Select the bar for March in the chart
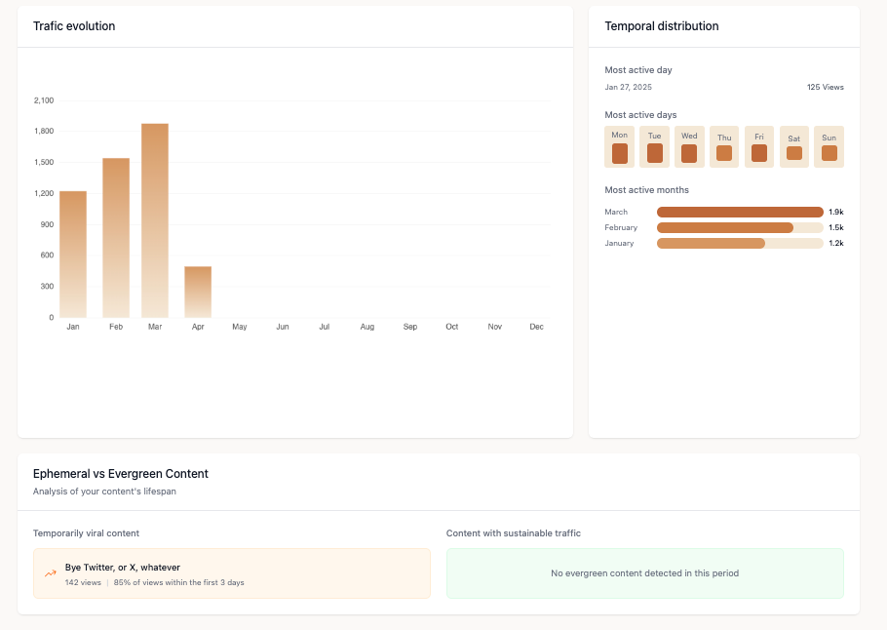155,220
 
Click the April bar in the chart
198,292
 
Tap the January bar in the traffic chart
73,254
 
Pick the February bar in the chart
116,237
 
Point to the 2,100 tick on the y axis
44,100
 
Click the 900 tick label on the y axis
46,224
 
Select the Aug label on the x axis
366,327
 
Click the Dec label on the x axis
536,327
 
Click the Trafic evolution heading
74,26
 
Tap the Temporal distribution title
662,26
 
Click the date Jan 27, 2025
629,87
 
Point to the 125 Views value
825,87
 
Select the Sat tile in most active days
794,147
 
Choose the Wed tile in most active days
689,147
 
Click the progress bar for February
740,227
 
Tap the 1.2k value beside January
835,243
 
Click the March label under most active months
616,212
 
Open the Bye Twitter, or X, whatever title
123,567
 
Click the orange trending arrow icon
51,573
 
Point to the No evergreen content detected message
644,573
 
